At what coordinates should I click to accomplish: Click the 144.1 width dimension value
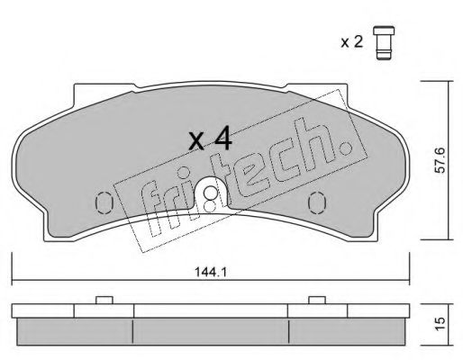pyautogui.click(x=211, y=272)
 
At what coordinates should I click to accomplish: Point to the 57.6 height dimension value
pyautogui.click(x=440, y=160)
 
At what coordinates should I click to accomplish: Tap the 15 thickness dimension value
pyautogui.click(x=440, y=325)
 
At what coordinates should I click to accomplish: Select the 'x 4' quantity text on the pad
pyautogui.click(x=210, y=138)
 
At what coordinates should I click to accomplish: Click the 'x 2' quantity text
pyautogui.click(x=352, y=42)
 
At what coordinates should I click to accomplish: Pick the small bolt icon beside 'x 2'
pyautogui.click(x=384, y=43)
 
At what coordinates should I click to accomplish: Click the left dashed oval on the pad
pyautogui.click(x=104, y=202)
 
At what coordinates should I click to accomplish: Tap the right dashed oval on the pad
pyautogui.click(x=317, y=202)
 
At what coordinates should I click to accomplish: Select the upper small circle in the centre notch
pyautogui.click(x=210, y=192)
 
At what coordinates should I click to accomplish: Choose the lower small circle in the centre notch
pyautogui.click(x=209, y=206)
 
